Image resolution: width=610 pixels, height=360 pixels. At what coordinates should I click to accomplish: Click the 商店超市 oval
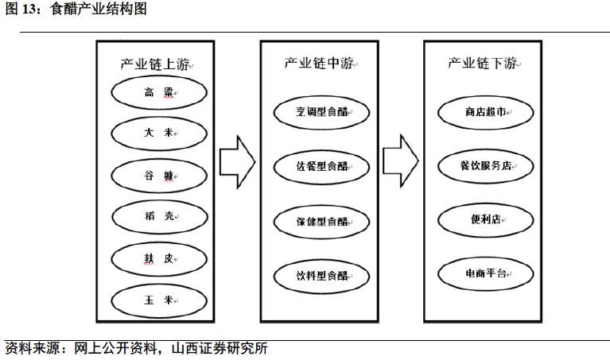point(485,112)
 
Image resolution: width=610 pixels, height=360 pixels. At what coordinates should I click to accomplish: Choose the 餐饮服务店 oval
point(485,166)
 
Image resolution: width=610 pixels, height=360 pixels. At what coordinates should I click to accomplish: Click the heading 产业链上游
point(156,64)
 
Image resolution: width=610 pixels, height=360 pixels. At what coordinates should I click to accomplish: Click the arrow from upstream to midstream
point(237,161)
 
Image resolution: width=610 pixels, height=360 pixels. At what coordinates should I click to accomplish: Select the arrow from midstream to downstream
point(401,161)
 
